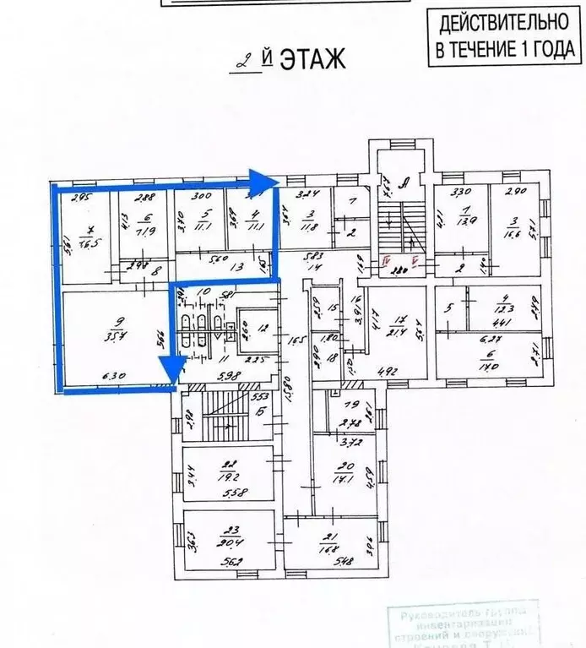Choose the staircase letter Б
pyautogui.click(x=263, y=412)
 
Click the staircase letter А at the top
pyautogui.click(x=406, y=180)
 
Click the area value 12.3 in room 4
pyautogui.click(x=505, y=310)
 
